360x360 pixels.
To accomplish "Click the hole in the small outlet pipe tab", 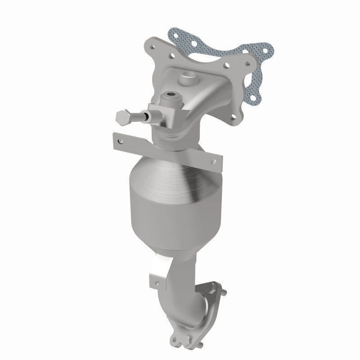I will (157, 283).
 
